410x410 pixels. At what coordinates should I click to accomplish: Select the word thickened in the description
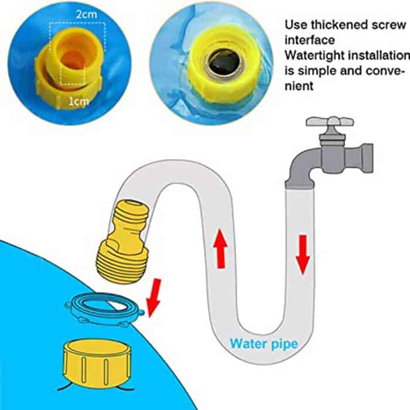[x=346, y=25]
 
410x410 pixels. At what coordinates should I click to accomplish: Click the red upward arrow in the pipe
[x=221, y=249]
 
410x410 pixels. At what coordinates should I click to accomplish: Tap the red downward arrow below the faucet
[x=302, y=255]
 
